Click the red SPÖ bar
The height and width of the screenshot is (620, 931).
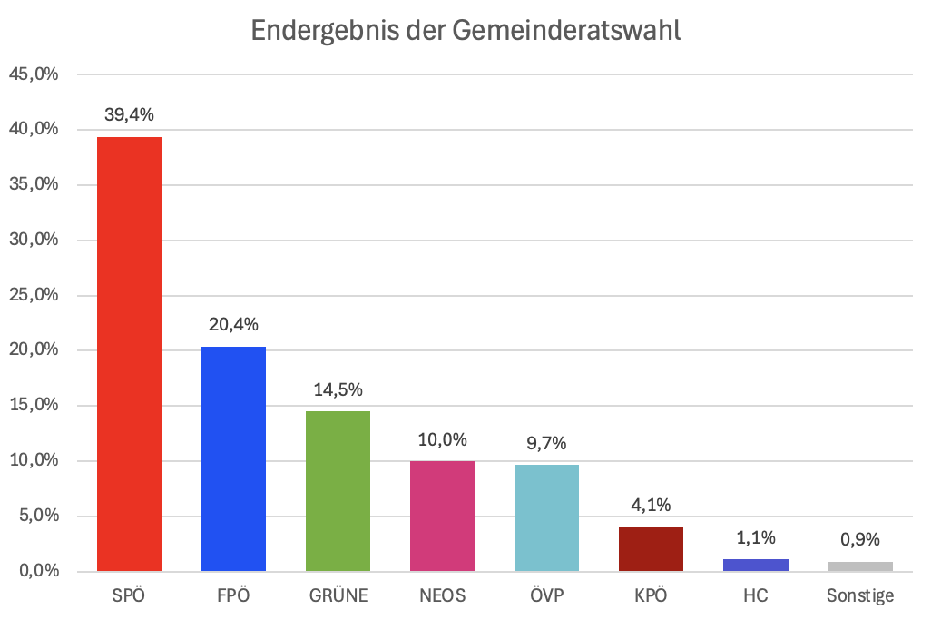pyautogui.click(x=129, y=354)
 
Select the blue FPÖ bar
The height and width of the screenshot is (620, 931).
pyautogui.click(x=233, y=458)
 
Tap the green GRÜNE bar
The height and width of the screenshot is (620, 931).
pyautogui.click(x=338, y=491)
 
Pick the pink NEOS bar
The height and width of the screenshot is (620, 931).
pyautogui.click(x=442, y=516)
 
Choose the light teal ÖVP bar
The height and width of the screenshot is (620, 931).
pyautogui.click(x=546, y=517)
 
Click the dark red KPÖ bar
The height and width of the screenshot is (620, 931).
pyautogui.click(x=651, y=548)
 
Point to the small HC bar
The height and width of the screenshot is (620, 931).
pyautogui.click(x=755, y=565)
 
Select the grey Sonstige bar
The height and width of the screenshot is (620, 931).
pyautogui.click(x=859, y=566)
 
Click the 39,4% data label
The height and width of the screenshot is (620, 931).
pyautogui.click(x=129, y=114)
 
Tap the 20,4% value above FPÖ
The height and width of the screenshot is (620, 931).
pyautogui.click(x=233, y=324)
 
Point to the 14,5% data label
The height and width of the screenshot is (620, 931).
pyautogui.click(x=338, y=389)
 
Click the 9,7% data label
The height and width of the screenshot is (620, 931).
pyautogui.click(x=546, y=443)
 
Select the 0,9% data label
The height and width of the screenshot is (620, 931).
pyautogui.click(x=859, y=539)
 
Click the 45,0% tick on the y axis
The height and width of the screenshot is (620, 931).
pyautogui.click(x=34, y=74)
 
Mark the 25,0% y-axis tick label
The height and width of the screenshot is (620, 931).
pyautogui.click(x=34, y=295)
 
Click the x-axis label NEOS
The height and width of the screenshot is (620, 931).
pyautogui.click(x=442, y=596)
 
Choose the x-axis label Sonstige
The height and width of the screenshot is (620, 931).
pyautogui.click(x=859, y=596)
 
